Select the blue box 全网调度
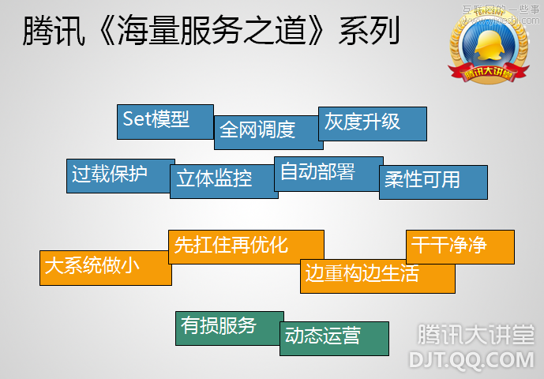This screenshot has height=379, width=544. pyautogui.click(x=268, y=131)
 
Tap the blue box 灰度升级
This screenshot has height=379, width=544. pyautogui.click(x=372, y=123)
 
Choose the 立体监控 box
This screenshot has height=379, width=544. pyautogui.click(x=223, y=181)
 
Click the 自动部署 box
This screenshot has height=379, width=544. pyautogui.click(x=328, y=172)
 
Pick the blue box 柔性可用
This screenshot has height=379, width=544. pyautogui.click(x=433, y=181)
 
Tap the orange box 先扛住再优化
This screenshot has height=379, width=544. pyautogui.click(x=246, y=246)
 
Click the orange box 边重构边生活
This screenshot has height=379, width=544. pyautogui.click(x=377, y=276)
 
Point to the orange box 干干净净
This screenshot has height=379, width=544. pyautogui.click(x=460, y=246)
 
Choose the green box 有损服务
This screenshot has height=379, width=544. pyautogui.click(x=229, y=327)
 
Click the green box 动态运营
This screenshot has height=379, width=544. pyautogui.click(x=334, y=337)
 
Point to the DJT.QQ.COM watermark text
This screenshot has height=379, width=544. pyautogui.click(x=471, y=359)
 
